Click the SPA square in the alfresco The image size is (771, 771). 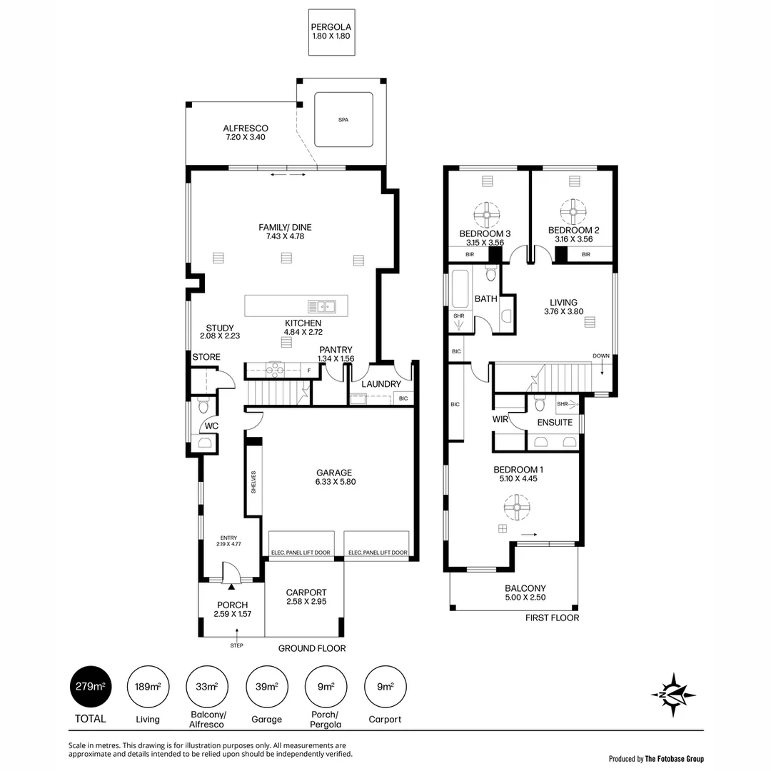point(343,119)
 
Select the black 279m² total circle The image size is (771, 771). point(91,687)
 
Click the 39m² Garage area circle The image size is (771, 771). point(266,687)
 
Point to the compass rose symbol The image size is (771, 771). point(674,693)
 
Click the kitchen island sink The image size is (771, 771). point(323,306)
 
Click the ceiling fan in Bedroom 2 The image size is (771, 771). point(573,211)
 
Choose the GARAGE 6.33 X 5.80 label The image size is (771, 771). point(334,477)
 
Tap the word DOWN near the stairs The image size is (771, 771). point(601,356)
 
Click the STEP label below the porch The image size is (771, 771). point(236,645)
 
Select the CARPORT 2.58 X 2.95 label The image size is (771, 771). point(306,597)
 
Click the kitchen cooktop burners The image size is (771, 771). point(276,370)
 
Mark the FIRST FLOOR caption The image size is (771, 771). point(552,618)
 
